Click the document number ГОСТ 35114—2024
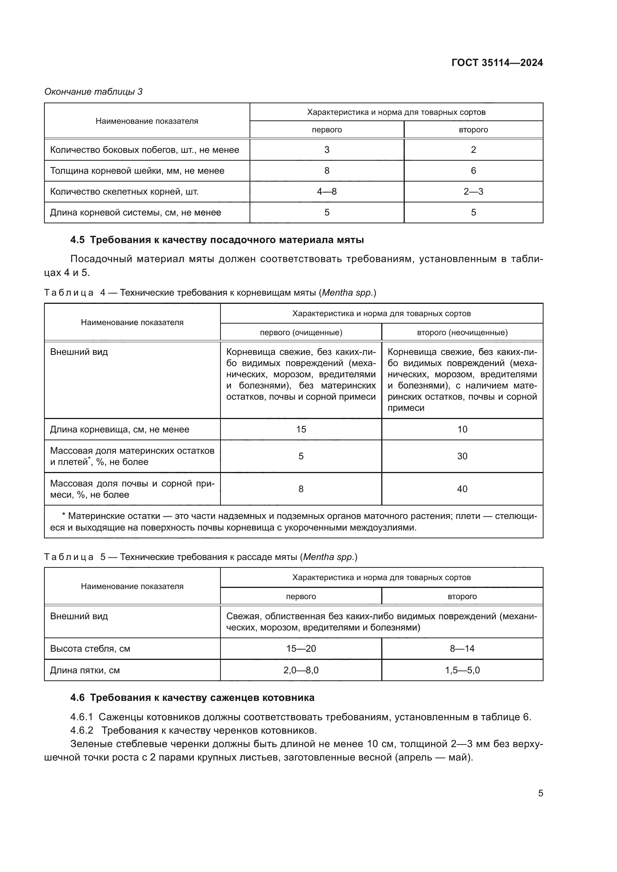coord(497,63)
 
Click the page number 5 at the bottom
coord(540,793)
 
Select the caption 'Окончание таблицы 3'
coord(94,92)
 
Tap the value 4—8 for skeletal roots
coord(327,191)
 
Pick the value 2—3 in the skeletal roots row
coord(473,191)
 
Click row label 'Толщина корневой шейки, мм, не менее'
coord(137,171)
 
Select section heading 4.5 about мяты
coord(217,240)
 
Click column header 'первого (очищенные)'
coord(301,333)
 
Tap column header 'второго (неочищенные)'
coord(462,333)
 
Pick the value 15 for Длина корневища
coord(301,429)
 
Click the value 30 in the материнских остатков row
coord(462,456)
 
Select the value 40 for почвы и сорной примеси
coord(462,489)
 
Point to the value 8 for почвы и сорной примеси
coord(301,489)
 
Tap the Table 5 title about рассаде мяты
coord(201,557)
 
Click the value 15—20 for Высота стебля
coord(301,648)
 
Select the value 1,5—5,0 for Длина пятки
coord(462,670)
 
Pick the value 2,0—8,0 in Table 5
coord(301,670)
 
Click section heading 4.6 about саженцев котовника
coord(192,698)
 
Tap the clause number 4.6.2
coord(82,730)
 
